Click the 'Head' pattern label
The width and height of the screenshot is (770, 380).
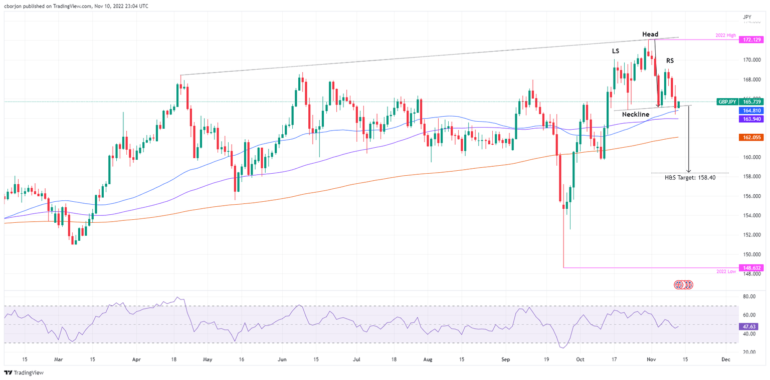pos(650,34)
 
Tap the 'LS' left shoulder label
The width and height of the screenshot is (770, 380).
pos(615,51)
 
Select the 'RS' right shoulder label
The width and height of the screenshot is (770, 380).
pos(670,61)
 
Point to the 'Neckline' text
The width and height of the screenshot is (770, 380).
pos(636,115)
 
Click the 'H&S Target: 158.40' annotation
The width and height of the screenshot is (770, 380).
pos(690,177)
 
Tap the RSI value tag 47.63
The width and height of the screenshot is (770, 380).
pos(750,326)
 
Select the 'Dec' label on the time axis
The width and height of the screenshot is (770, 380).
pos(725,359)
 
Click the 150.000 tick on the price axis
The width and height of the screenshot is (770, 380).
pos(750,254)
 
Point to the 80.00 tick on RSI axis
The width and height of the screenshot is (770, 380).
pos(749,296)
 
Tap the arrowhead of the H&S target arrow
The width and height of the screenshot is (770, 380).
pos(689,171)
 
